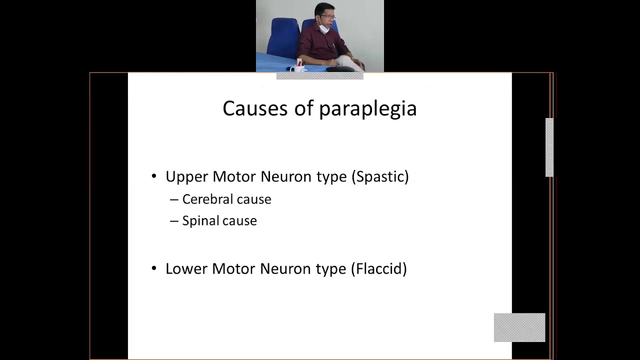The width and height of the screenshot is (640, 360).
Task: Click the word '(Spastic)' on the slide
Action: (380, 177)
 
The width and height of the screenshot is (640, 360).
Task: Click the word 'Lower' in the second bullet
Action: (186, 269)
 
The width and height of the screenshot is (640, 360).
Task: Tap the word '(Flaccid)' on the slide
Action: (378, 269)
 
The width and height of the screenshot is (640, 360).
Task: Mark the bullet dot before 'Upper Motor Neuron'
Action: (154, 176)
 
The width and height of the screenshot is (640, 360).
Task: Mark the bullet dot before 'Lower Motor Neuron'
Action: (154, 268)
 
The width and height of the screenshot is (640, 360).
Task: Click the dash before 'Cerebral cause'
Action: (174, 199)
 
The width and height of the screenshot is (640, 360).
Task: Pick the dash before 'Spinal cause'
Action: (174, 221)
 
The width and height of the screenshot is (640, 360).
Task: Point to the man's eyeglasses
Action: (327, 17)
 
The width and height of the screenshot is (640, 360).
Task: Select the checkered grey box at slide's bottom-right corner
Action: (519, 327)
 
